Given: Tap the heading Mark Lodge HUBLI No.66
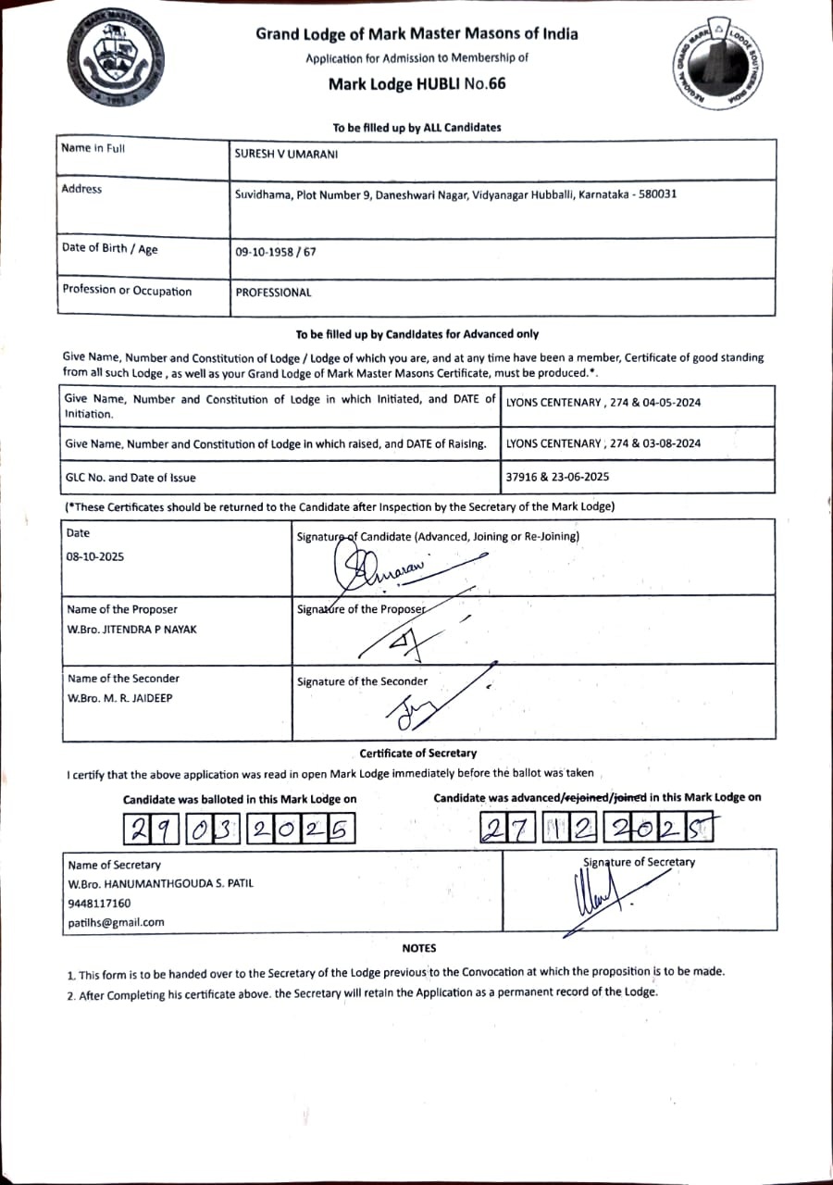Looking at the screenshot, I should (x=416, y=84).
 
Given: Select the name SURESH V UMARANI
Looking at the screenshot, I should (x=286, y=155).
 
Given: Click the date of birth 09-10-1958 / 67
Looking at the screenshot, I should (x=275, y=251).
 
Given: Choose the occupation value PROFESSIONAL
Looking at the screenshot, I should (x=273, y=293).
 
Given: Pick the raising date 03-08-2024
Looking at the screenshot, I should (x=668, y=443).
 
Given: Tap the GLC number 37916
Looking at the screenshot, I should (x=525, y=478).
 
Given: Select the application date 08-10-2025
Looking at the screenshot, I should (x=94, y=557).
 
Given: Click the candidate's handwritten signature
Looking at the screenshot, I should (x=389, y=567).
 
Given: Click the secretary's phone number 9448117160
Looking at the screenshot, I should (x=99, y=903).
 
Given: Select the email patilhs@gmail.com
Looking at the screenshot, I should (x=116, y=922).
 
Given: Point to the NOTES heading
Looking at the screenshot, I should (x=418, y=948).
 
